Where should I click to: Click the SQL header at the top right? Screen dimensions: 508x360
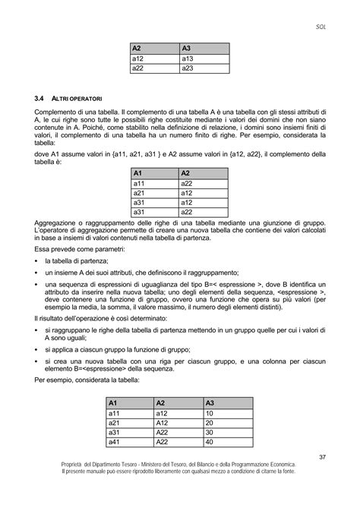[x=321, y=26]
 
